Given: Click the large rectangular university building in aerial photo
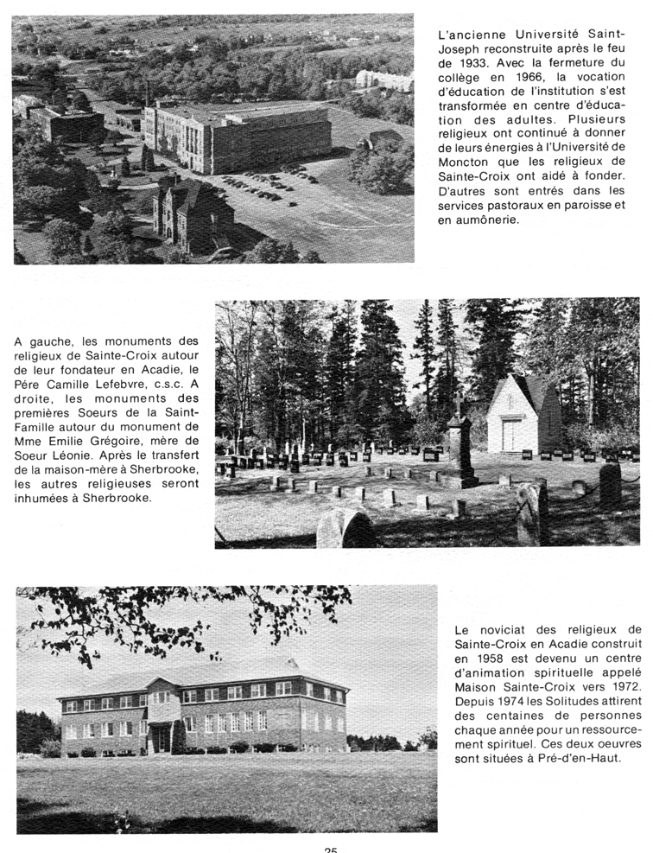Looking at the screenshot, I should pyautogui.click(x=237, y=136).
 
